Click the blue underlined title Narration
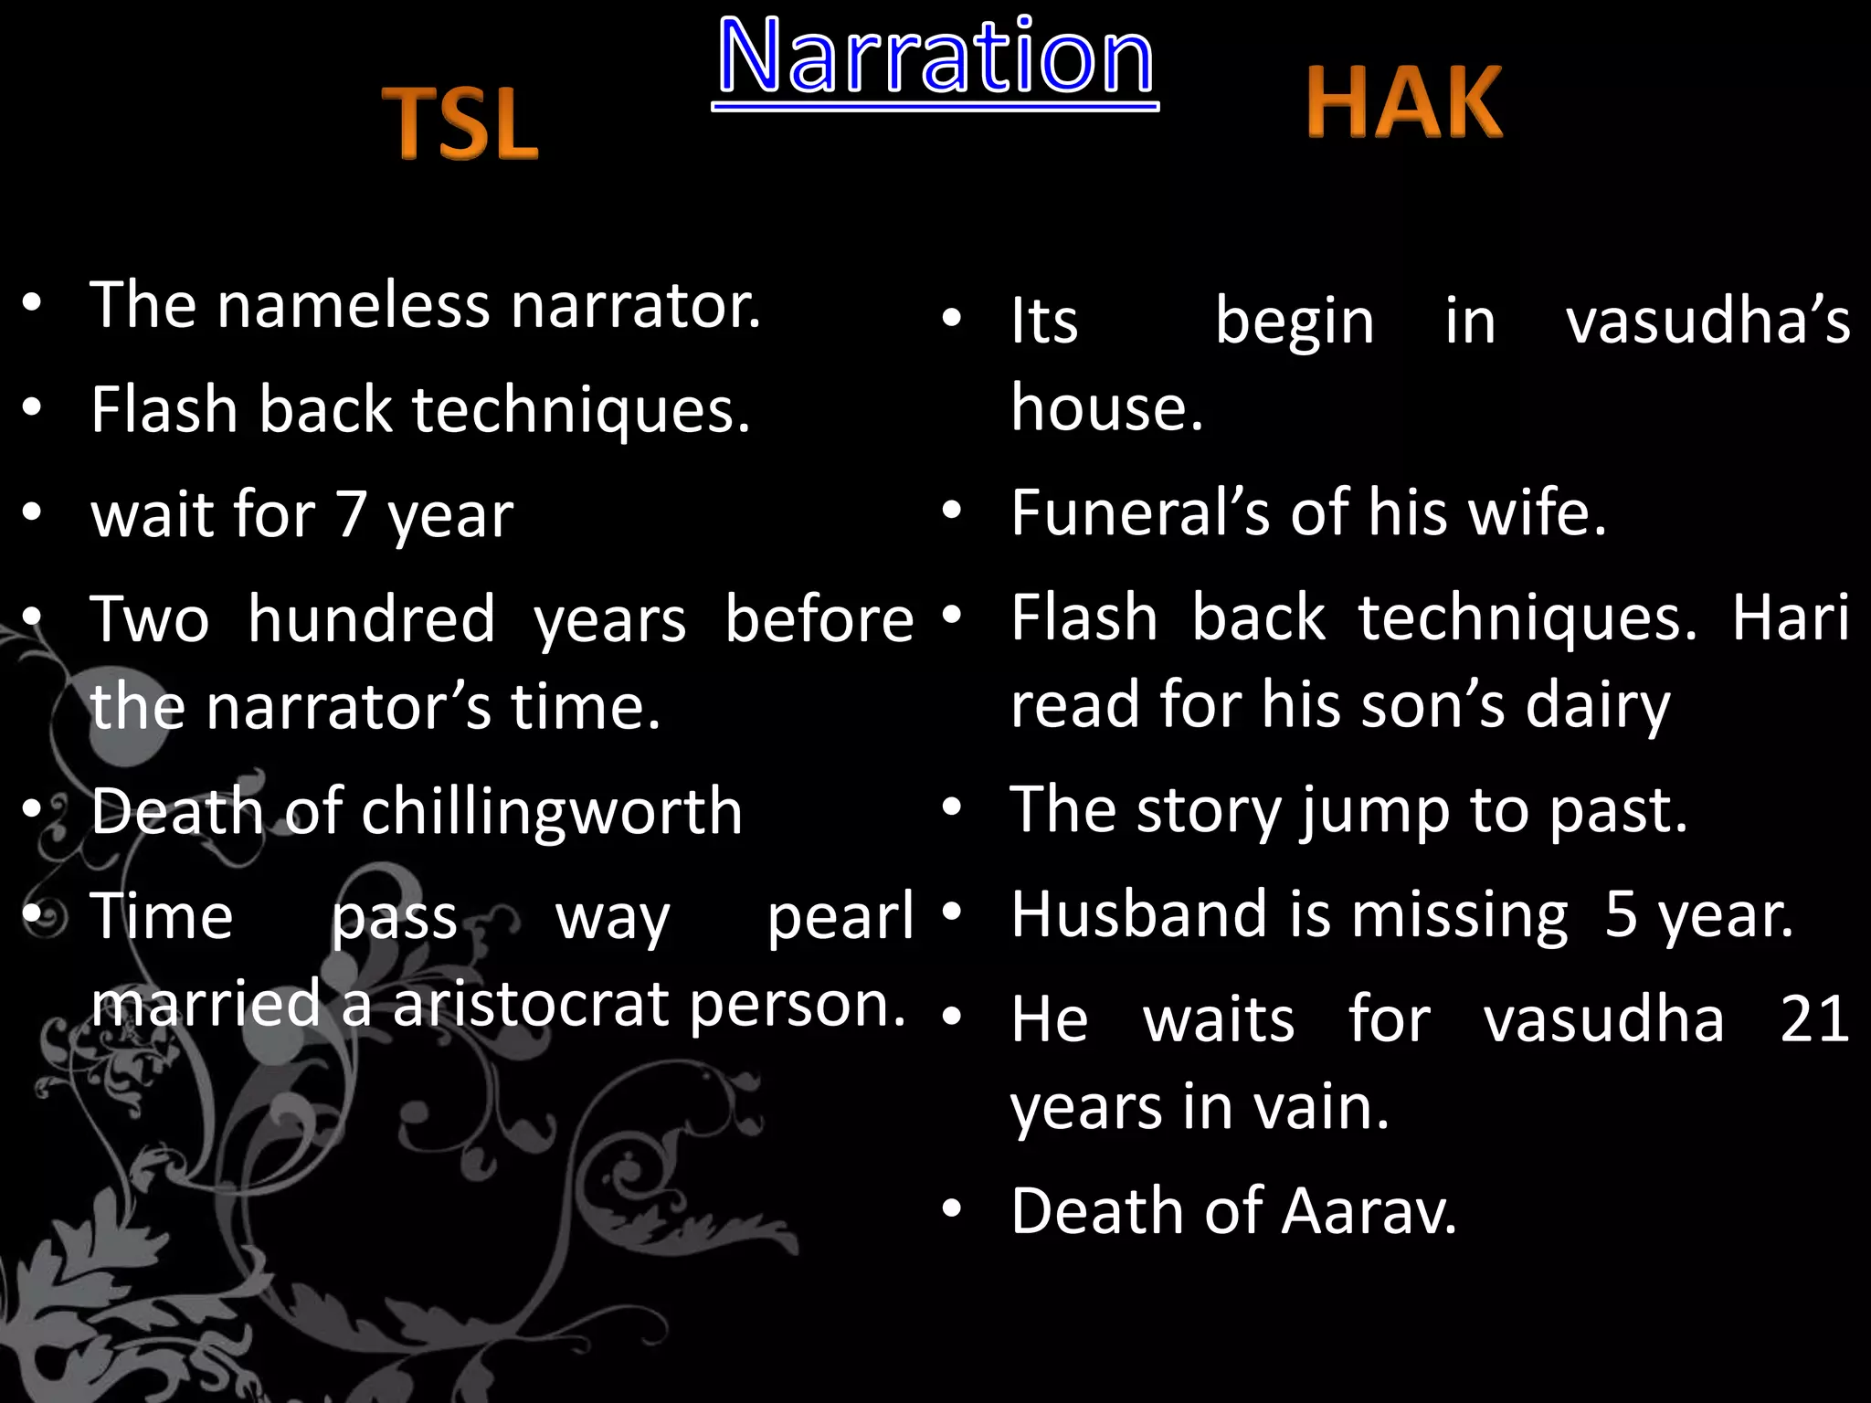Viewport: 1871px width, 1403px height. [935, 57]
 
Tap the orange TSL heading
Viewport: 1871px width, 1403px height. [461, 123]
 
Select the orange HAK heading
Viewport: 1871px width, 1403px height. [1404, 102]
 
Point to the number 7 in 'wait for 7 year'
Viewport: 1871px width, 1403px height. [352, 514]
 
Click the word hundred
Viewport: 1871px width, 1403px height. [372, 619]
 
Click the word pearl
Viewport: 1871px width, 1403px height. [840, 916]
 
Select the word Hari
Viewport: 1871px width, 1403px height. [1791, 617]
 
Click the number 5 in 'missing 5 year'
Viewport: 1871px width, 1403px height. [1621, 914]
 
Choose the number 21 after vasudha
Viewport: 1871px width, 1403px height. [1814, 1018]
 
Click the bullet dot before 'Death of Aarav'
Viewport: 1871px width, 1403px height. [952, 1209]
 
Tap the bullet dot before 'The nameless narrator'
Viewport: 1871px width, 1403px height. [32, 303]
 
